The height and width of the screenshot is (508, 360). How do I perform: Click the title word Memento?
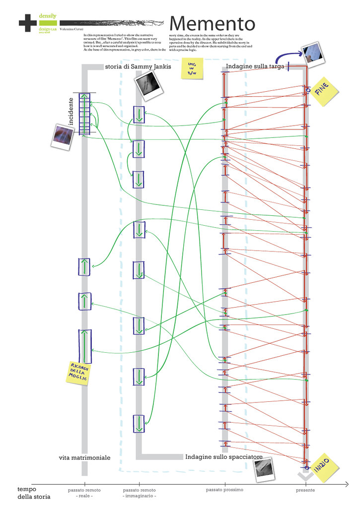pos(212,23)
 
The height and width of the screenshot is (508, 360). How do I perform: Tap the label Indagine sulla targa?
pos(255,66)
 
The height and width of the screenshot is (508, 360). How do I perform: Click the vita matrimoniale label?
pos(84,457)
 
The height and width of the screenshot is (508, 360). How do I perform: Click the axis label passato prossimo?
pos(225,490)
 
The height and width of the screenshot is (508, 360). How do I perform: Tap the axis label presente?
pos(305,490)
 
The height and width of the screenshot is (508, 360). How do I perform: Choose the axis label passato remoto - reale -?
pos(84,493)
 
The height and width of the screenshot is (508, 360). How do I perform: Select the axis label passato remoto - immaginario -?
pos(139,493)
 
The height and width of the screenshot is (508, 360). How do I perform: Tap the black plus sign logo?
pos(26,22)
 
